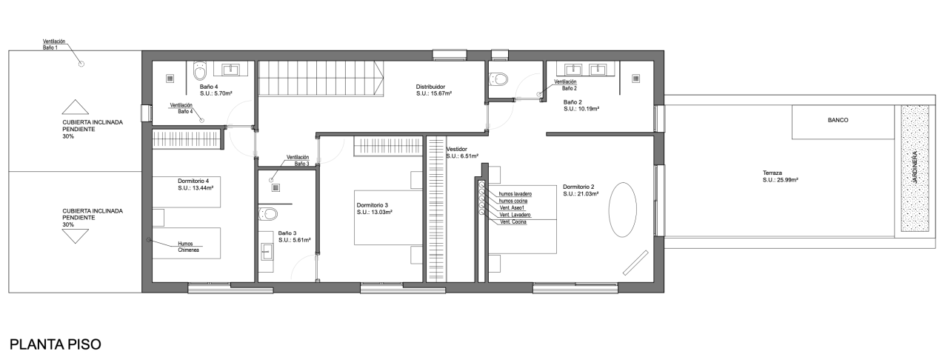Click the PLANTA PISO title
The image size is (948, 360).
(x=56, y=344)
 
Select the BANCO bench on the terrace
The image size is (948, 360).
(x=843, y=122)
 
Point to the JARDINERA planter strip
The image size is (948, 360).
(x=915, y=168)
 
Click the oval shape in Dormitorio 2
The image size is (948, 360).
(x=622, y=210)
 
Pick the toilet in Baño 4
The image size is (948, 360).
(x=200, y=70)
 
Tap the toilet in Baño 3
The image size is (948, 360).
(x=268, y=213)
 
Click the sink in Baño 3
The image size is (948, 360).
(x=267, y=252)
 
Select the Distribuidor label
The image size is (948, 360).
(x=430, y=87)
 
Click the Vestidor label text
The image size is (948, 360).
(x=457, y=149)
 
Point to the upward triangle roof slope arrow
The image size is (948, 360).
(x=76, y=107)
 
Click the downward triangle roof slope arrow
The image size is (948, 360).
(x=76, y=236)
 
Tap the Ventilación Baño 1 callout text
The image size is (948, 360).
(x=54, y=44)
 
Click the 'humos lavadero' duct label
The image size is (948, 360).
(x=515, y=194)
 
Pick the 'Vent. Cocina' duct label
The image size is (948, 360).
(x=513, y=222)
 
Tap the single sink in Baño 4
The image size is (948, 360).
(x=230, y=70)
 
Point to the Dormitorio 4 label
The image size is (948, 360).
(x=193, y=181)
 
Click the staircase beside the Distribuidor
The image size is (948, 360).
(x=321, y=79)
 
